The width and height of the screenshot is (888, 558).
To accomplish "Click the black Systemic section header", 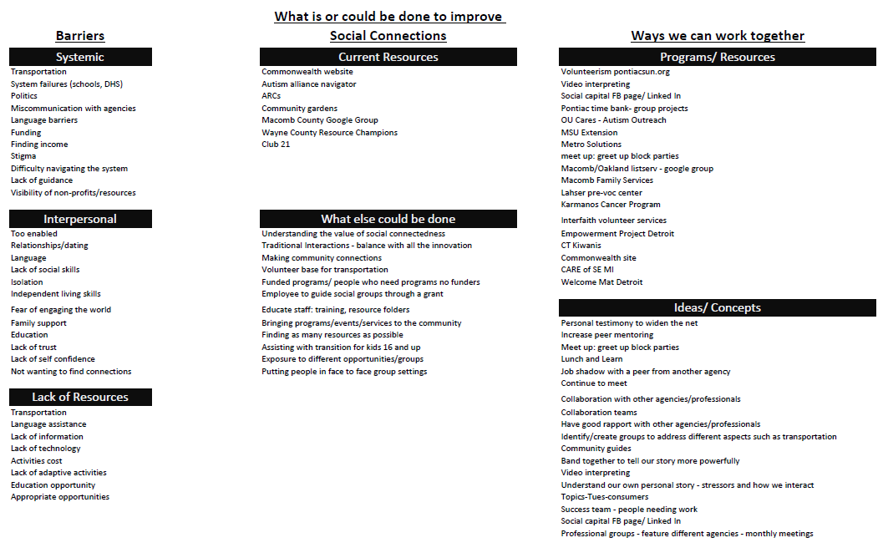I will [80, 58].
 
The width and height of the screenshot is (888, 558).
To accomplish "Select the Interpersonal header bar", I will [80, 220].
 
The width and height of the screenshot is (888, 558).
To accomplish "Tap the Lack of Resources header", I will [80, 398].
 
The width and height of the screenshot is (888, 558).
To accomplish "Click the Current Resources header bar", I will [388, 58].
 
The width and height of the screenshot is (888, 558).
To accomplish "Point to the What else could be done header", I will [388, 220].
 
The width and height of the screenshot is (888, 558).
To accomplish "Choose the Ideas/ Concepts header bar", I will [717, 308].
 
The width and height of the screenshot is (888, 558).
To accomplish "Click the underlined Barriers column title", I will [80, 36].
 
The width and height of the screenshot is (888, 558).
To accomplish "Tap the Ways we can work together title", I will [717, 36].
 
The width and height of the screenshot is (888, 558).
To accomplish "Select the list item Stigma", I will [23, 156].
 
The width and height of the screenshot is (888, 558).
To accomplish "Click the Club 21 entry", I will [276, 145].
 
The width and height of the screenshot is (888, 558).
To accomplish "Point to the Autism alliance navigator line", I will [308, 84].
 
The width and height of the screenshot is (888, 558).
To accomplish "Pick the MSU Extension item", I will [589, 133].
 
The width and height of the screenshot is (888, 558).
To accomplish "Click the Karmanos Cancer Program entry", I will [610, 205].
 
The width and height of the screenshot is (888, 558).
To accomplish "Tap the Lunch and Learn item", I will [591, 359].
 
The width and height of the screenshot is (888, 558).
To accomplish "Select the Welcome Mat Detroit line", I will [601, 282].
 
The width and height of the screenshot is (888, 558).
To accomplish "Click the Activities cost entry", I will [36, 461].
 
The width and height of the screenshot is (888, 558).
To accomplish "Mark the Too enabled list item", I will [33, 234].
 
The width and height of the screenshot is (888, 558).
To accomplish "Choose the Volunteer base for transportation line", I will [324, 270].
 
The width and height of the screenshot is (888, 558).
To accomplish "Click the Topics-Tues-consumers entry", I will [604, 497].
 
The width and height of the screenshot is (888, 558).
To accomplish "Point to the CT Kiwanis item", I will [581, 246].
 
